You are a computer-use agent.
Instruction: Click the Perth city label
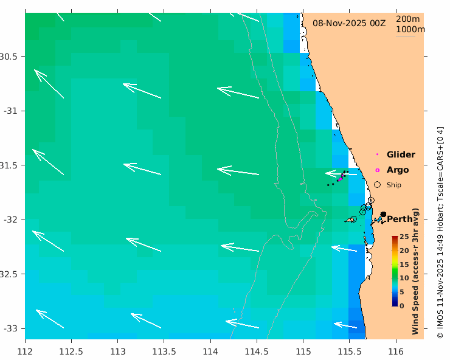400,219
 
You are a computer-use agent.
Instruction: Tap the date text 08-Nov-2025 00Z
349,23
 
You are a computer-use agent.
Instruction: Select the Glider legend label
401,154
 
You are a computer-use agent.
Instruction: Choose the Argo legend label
398,170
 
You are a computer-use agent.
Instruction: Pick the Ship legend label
394,185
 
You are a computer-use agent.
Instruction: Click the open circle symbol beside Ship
377,184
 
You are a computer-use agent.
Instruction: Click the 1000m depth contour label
410,29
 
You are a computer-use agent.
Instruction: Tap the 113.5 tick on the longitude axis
164,351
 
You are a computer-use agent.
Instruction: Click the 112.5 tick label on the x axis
71,351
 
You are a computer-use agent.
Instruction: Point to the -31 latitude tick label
10,111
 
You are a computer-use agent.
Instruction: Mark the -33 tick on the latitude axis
10,328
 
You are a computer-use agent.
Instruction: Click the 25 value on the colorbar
403,238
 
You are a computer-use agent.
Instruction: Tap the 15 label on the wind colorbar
403,265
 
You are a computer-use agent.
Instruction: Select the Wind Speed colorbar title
416,271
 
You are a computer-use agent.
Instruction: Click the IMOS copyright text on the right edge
440,232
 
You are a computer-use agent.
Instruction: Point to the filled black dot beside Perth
383,214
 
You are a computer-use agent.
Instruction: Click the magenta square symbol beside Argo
377,170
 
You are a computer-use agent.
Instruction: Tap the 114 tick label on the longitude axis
210,351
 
